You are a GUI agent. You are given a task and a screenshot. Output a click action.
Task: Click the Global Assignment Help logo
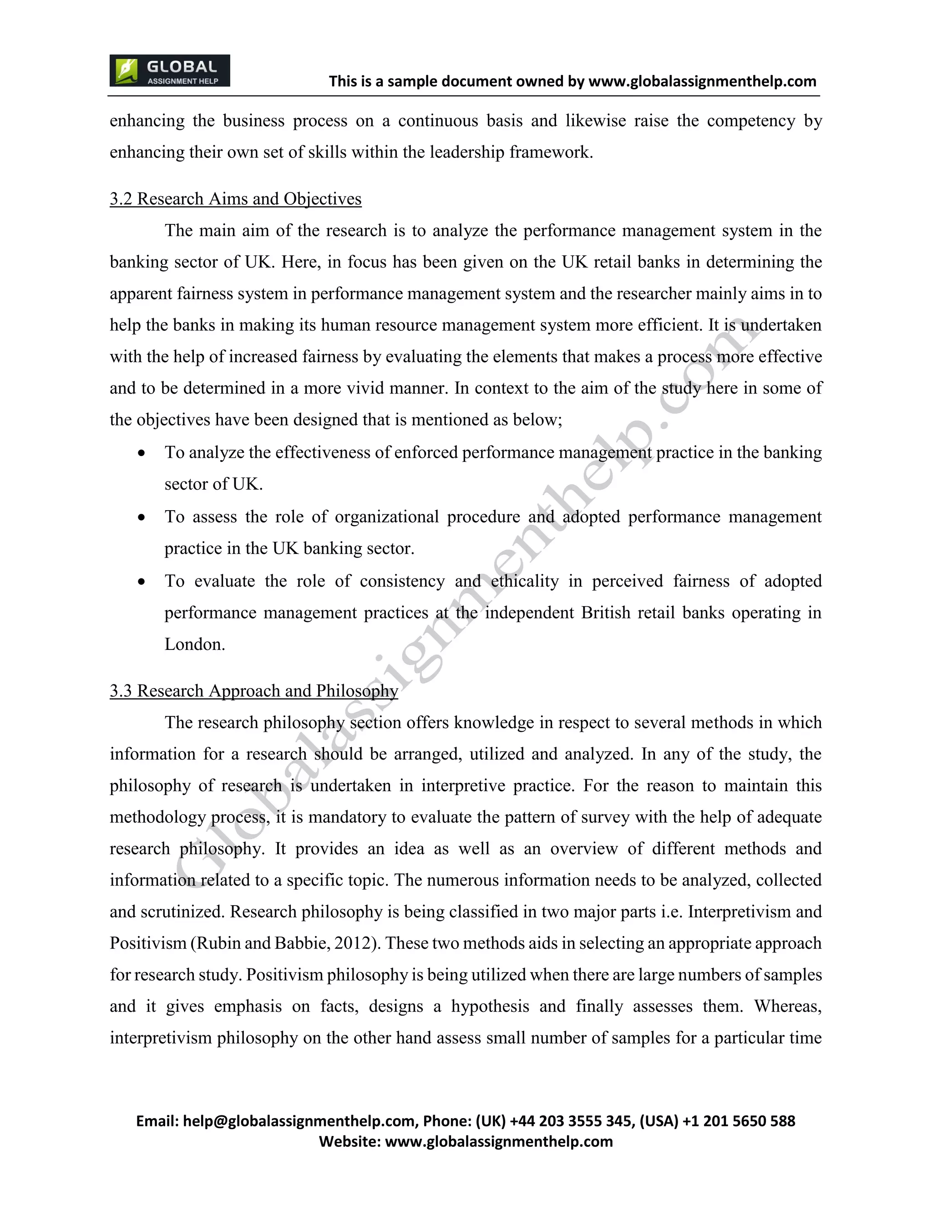tap(169, 71)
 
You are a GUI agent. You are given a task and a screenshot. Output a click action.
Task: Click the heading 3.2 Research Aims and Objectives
tap(235, 199)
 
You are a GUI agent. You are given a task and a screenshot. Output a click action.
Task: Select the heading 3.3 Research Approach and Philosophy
tap(253, 691)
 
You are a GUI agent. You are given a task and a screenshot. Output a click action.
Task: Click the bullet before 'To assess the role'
tap(142, 517)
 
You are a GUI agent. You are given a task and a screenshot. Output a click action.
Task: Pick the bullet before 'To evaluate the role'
tap(142, 582)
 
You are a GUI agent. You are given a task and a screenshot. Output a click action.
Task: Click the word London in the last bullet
tap(194, 644)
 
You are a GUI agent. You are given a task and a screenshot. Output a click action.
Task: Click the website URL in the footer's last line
tap(499, 1141)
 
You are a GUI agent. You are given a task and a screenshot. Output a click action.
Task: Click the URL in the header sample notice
tap(702, 82)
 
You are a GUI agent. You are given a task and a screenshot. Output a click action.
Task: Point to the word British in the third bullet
tap(606, 613)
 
